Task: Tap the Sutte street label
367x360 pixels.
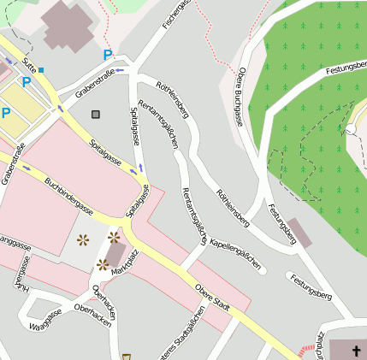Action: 30,62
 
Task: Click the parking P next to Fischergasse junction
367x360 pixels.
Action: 107,55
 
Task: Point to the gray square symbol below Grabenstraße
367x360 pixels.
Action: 95,114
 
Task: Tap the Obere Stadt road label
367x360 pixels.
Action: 213,299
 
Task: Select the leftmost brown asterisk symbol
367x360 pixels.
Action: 84,240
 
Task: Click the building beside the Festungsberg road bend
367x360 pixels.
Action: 299,233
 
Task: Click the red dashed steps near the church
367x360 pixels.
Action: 306,351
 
